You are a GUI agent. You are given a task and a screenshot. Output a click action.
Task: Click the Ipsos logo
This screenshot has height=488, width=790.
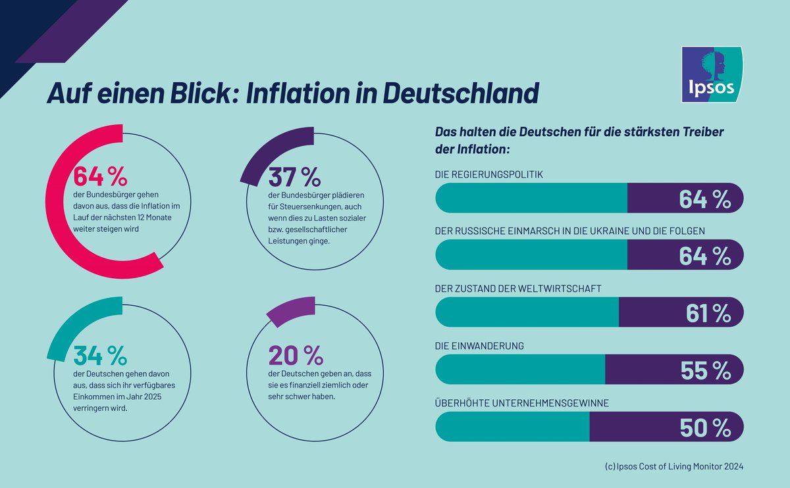tap(712, 74)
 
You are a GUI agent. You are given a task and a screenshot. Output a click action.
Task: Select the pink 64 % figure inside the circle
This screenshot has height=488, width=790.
tap(99, 176)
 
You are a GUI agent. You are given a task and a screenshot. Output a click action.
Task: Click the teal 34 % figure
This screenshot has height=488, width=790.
tap(99, 355)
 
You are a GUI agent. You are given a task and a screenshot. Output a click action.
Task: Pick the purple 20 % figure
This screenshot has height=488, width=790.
tap(296, 355)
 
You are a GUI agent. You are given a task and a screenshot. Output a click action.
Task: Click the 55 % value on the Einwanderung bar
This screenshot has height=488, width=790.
tap(706, 370)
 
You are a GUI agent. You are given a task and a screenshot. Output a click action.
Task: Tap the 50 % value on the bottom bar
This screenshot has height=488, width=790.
tap(705, 427)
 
